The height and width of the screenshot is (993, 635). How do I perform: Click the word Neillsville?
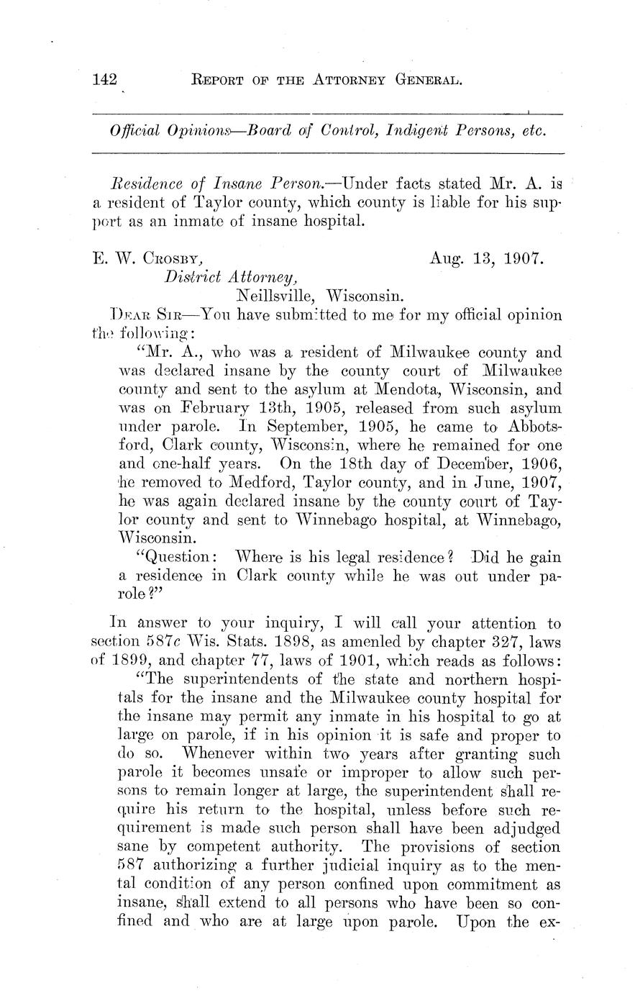click(277, 295)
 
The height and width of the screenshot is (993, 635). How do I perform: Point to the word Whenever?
click(216, 754)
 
